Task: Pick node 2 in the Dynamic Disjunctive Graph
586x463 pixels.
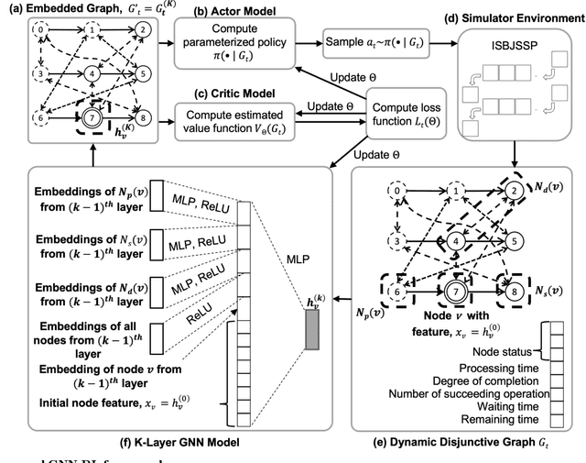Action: point(515,191)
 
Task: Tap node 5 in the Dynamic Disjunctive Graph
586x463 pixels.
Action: point(515,241)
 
